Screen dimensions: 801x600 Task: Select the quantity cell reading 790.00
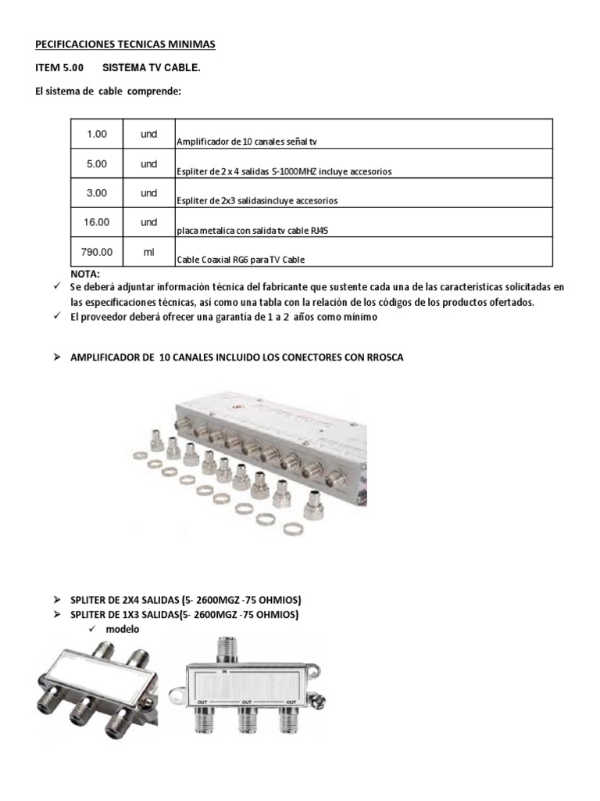point(97,252)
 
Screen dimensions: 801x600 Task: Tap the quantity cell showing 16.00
point(97,223)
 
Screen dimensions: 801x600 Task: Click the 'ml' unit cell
point(148,252)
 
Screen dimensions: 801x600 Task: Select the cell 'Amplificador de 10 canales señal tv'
point(248,142)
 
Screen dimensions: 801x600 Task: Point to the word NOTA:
point(85,275)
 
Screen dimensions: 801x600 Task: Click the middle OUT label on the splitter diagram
point(247,702)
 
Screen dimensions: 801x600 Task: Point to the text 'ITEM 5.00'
point(62,68)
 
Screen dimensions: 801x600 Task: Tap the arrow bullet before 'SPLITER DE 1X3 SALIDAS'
point(57,615)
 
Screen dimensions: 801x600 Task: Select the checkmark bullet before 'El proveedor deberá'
point(57,317)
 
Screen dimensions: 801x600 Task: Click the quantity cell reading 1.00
point(97,134)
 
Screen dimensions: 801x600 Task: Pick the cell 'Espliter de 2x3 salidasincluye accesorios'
point(258,200)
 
